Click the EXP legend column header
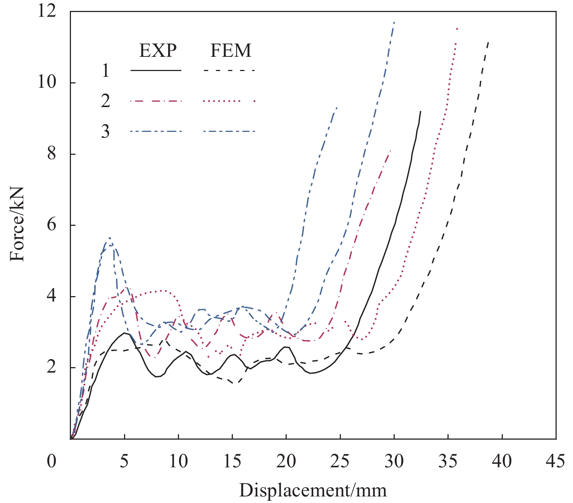point(158,51)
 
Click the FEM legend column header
point(231,51)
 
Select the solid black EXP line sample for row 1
point(156,70)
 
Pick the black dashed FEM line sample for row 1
point(229,70)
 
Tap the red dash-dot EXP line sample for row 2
point(156,101)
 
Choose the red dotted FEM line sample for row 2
point(229,101)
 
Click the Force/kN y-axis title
point(17,224)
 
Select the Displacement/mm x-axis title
point(313,490)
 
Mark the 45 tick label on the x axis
point(556,461)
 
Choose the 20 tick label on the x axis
point(286,461)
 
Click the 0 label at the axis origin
point(52,461)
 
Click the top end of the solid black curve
point(421,111)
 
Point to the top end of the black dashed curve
point(488,42)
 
